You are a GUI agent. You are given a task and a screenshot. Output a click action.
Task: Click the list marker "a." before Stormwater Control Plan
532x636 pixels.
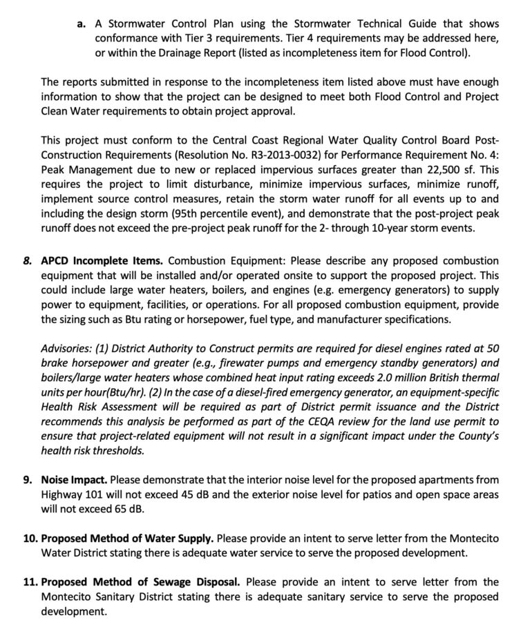point(81,23)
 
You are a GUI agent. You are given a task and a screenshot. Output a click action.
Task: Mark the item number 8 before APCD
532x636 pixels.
point(28,261)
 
